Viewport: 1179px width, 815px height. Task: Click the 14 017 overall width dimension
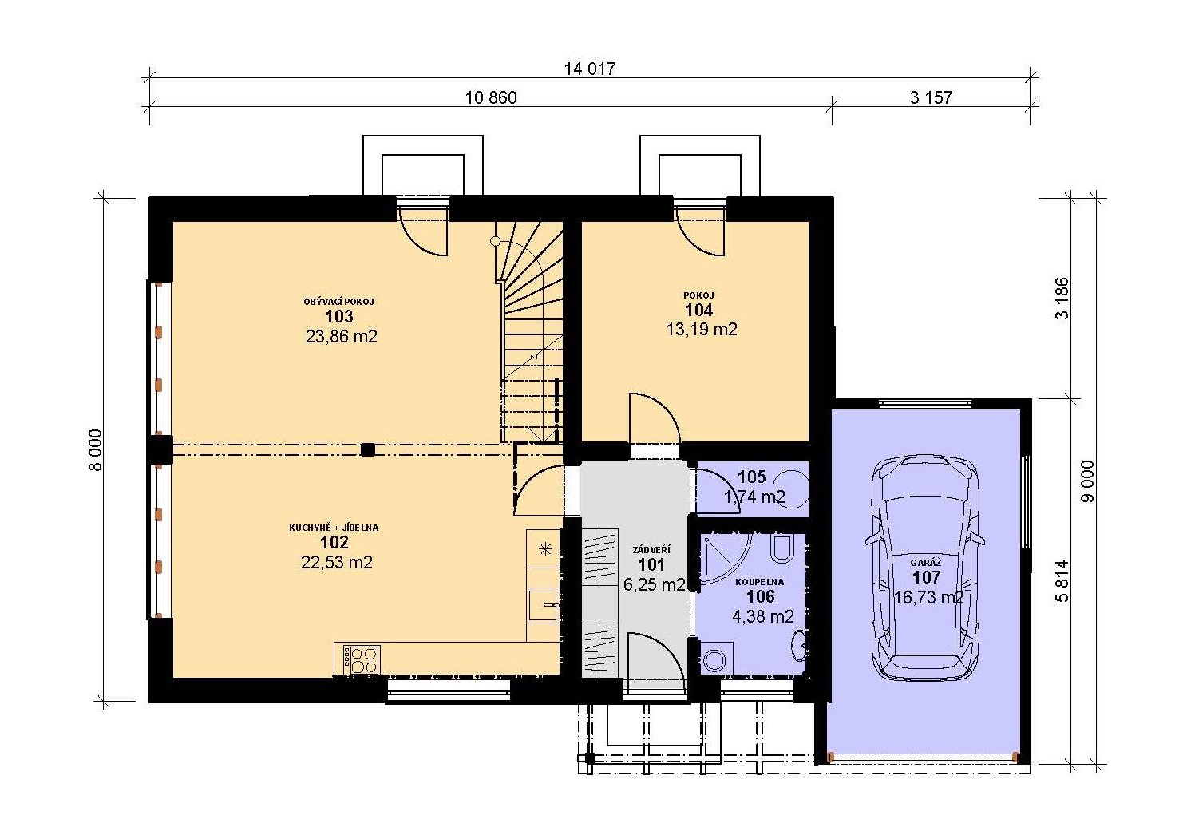tap(589, 69)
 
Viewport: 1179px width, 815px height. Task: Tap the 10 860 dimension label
tap(491, 97)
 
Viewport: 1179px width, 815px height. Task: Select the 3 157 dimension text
tap(931, 97)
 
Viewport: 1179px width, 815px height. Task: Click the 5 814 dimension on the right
tap(1062, 580)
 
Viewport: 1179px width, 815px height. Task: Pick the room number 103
tap(338, 316)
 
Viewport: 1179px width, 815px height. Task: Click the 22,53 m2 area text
tap(337, 562)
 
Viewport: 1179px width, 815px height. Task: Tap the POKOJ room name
tap(698, 296)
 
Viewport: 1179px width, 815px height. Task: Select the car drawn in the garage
tap(925, 568)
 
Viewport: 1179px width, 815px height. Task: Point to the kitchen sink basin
tap(543, 605)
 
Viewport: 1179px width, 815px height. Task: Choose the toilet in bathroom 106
tap(781, 548)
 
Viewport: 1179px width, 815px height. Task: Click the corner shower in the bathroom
tap(724, 558)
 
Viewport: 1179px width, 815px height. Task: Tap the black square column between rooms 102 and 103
tap(367, 449)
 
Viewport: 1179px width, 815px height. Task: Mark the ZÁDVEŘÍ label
tap(651, 550)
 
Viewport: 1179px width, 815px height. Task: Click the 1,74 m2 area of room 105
tap(755, 497)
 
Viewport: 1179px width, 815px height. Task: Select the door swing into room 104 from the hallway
tap(655, 418)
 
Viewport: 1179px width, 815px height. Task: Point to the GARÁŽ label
tap(926, 563)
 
